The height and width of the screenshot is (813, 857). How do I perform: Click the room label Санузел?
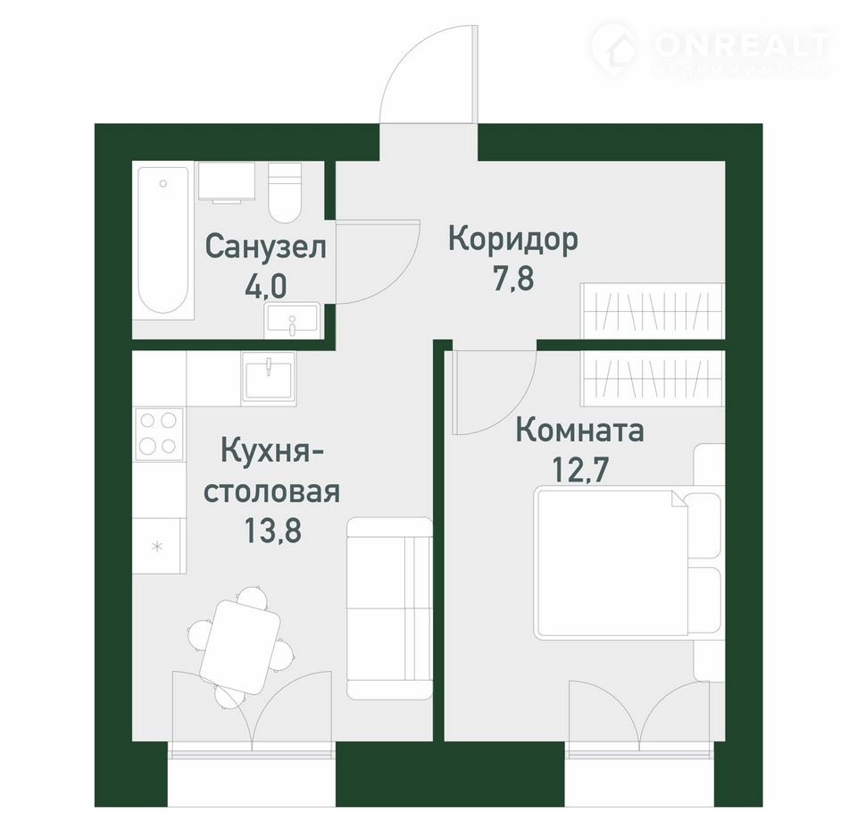[x=266, y=247]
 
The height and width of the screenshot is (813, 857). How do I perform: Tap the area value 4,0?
[x=266, y=286]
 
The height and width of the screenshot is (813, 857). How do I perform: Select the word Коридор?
[x=512, y=239]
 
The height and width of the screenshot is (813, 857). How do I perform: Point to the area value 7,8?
[x=513, y=279]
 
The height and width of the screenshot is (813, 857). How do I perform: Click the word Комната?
[x=580, y=431]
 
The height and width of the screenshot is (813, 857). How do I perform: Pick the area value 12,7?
[x=580, y=469]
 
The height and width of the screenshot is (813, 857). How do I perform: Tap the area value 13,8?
[x=272, y=530]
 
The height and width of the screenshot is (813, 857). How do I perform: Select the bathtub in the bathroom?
[x=163, y=239]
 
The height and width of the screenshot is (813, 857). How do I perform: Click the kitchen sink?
[x=269, y=378]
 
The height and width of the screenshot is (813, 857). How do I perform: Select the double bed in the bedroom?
[x=628, y=564]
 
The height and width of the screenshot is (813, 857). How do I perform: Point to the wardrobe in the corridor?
[x=653, y=310]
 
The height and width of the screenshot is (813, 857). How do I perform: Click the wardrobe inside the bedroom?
[x=653, y=378]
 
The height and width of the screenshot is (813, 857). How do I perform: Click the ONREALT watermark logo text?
[x=741, y=45]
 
